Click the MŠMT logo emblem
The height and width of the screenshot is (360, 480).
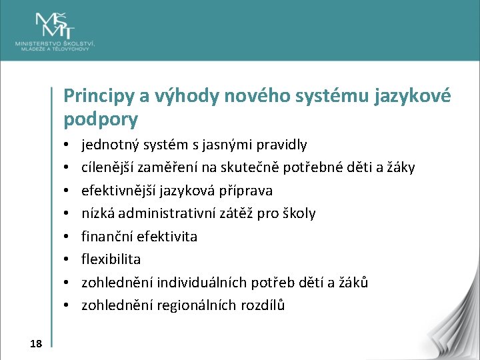[56, 25]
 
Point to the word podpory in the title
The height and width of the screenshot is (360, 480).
[101, 120]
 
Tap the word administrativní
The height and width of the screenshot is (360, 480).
[172, 213]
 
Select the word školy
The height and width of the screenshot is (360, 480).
[299, 213]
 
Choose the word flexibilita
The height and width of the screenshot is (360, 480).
[111, 259]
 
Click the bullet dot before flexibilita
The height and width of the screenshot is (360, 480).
[69, 260]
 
